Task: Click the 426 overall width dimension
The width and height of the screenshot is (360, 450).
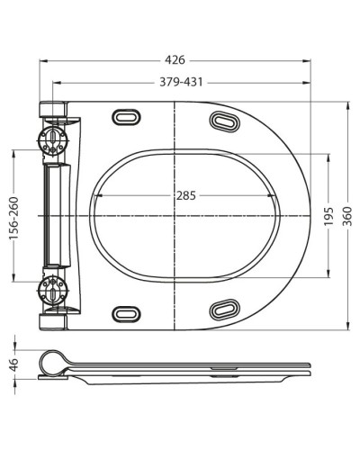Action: pos(175,59)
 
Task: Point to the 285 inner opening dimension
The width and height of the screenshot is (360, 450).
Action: pos(186,194)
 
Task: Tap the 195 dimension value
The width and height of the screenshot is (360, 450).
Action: pos(329,218)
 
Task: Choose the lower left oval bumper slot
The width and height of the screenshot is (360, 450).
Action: pos(124,313)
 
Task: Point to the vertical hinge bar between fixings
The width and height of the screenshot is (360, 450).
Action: pos(56,216)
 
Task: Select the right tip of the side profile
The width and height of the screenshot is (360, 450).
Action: pos(310,368)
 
